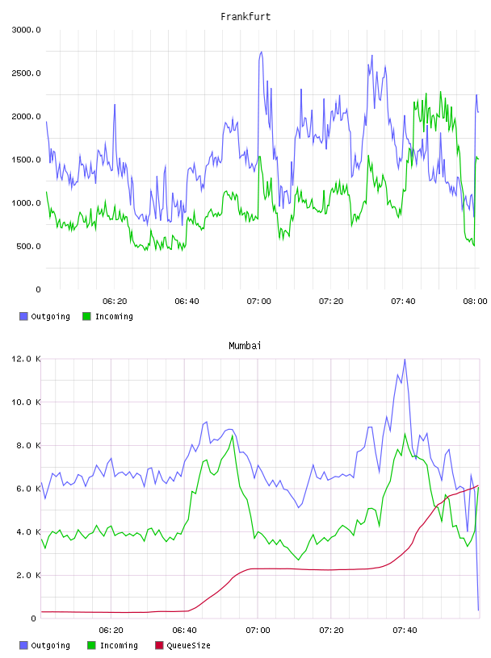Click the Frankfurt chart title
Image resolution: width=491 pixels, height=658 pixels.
pos(245,17)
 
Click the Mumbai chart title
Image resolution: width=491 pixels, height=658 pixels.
pos(245,346)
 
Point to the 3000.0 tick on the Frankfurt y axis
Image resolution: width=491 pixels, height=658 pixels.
pos(26,30)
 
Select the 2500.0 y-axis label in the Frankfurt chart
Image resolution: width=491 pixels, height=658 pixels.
pos(26,73)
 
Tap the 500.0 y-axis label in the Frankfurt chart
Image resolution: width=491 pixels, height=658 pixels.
pos(28,246)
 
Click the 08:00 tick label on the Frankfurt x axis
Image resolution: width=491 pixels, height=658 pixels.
pos(475,302)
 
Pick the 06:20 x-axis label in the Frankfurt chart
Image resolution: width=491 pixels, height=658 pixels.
pos(115,302)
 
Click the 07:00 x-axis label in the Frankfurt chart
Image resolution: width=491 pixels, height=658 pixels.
pos(259,302)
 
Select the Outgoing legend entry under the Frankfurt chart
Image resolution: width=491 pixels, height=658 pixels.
pos(45,316)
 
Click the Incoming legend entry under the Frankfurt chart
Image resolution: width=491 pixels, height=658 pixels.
pos(108,316)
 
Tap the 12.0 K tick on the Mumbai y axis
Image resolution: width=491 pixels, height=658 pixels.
pos(26,359)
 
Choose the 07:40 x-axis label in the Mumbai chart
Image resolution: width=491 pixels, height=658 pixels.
pos(405,631)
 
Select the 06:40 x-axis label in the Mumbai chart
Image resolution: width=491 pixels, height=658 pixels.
pos(185,631)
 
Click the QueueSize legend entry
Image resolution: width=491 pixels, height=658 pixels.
pos(183,645)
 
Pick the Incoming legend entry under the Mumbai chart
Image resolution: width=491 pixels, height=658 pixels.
pos(113,645)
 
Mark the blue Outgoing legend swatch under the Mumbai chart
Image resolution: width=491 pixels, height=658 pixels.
pos(23,645)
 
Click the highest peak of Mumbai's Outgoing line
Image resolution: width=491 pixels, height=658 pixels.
pos(405,359)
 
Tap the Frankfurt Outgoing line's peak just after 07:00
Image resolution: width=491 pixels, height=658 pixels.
pos(261,52)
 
